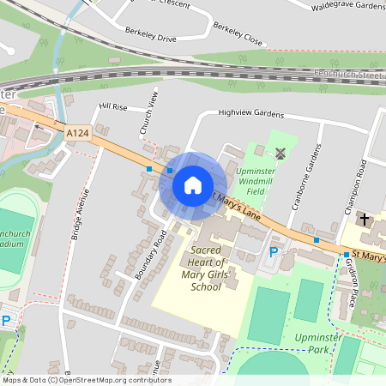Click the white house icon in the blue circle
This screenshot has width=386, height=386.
click(193, 184)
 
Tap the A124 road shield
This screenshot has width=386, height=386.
click(77, 132)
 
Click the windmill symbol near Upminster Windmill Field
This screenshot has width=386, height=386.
click(280, 153)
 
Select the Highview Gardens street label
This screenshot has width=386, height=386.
click(250, 112)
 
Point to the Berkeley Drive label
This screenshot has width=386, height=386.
click(150, 39)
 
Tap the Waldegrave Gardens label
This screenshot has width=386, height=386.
click(347, 5)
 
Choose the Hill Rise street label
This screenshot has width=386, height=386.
click(112, 106)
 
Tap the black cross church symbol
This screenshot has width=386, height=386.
click(364, 220)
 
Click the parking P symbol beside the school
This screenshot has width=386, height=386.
click(274, 252)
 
